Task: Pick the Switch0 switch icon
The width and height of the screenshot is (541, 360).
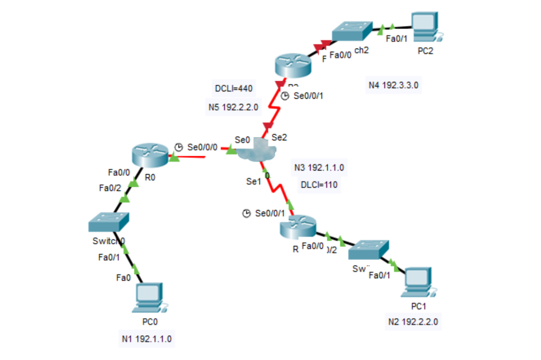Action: point(109,222)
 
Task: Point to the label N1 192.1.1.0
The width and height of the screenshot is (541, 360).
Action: point(146,339)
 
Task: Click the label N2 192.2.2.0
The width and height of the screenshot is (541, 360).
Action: point(413,321)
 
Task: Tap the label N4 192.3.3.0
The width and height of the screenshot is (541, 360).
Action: point(394,84)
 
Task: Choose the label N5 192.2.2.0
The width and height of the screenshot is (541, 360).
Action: point(234,108)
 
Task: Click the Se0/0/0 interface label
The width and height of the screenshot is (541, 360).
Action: point(202,147)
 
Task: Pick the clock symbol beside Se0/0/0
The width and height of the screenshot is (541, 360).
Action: point(179,147)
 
